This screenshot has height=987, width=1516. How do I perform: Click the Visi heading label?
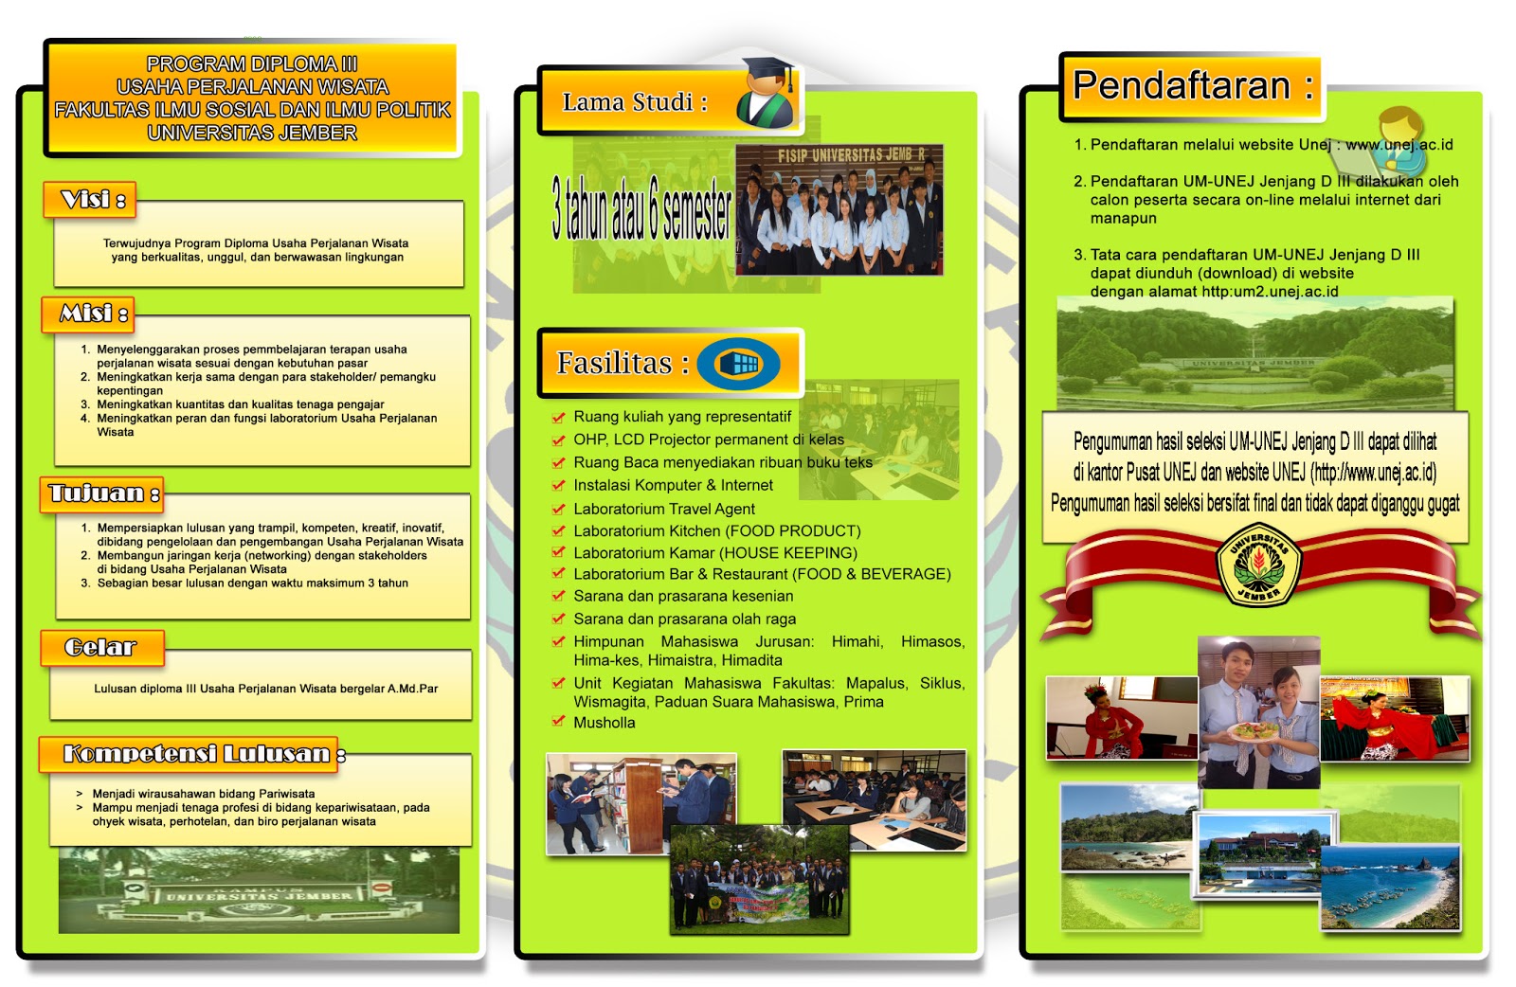pos(91,200)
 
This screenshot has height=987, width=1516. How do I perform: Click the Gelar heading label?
pos(100,648)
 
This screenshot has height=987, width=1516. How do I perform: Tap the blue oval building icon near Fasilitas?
pos(739,364)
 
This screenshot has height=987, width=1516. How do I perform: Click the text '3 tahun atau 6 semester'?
pos(641,211)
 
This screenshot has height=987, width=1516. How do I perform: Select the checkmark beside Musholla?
pos(559,722)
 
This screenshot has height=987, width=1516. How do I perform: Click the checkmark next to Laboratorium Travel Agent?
pos(559,509)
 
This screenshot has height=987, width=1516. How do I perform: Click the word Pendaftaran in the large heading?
pos(1182,86)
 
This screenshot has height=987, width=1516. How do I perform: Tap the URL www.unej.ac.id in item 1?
pos(1399,145)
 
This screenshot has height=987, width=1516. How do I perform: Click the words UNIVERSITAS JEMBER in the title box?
pos(252,133)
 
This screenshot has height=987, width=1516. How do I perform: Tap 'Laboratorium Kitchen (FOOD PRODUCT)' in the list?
pos(716,531)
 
